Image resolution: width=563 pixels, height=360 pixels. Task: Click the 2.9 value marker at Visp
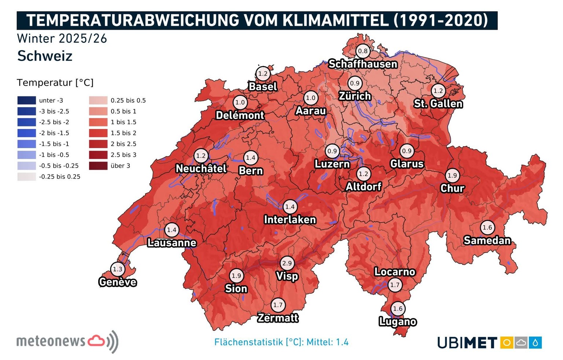click(x=287, y=263)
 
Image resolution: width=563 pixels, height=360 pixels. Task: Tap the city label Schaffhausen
click(x=363, y=64)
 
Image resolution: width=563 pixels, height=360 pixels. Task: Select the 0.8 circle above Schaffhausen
click(x=363, y=51)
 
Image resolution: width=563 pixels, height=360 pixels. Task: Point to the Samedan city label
click(x=487, y=240)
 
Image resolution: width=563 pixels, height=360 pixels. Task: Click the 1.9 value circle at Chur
click(x=452, y=175)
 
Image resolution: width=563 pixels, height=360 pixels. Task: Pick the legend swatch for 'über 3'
click(x=98, y=166)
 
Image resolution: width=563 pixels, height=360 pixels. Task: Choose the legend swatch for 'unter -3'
click(x=26, y=100)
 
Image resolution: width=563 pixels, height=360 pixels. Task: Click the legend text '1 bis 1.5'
click(x=124, y=122)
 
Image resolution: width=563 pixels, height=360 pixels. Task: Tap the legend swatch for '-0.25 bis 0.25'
click(x=26, y=177)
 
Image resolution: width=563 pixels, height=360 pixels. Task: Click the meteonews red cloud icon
click(x=96, y=341)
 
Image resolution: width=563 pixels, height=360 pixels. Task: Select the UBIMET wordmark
click(x=467, y=343)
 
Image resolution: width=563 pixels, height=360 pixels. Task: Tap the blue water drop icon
click(x=535, y=343)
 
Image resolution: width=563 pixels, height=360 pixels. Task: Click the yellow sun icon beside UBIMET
click(x=507, y=343)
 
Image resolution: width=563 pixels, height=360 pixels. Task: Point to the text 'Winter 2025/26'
click(x=62, y=38)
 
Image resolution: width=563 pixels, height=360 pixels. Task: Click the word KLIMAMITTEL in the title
click(x=335, y=20)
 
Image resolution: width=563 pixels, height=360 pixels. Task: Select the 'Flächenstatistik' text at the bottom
click(x=249, y=342)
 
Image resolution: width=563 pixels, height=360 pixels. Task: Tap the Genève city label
click(x=118, y=282)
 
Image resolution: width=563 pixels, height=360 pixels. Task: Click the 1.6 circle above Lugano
click(x=398, y=309)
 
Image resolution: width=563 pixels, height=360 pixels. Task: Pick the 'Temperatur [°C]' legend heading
click(x=55, y=82)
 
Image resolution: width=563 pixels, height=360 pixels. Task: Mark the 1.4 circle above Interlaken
click(x=290, y=207)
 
